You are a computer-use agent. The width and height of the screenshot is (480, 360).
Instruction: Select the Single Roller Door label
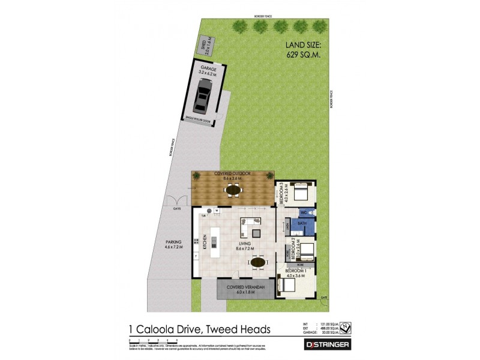pyautogui.click(x=199, y=121)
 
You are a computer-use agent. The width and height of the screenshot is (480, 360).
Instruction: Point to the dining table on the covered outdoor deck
pyautogui.click(x=232, y=191)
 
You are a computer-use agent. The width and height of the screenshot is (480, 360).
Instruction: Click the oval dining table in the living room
pyautogui.click(x=257, y=262)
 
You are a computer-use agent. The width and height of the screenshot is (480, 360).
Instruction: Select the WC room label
pyautogui.click(x=304, y=212)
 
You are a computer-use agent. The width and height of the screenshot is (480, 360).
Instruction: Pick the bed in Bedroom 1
pyautogui.click(x=292, y=287)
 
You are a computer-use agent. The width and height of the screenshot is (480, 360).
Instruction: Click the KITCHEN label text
pyautogui.click(x=205, y=241)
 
